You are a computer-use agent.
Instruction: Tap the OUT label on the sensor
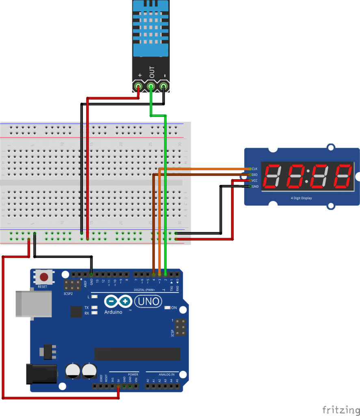pos(152,72)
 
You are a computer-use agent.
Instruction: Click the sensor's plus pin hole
pos(139,87)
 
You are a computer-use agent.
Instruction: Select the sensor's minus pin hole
pos(164,87)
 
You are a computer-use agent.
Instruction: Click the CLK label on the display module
pos(255,169)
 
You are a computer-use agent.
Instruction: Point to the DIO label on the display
pos(255,175)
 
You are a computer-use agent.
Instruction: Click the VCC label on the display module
pos(255,180)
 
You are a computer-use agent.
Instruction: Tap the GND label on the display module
pos(255,186)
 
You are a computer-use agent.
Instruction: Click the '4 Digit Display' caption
pos(301,198)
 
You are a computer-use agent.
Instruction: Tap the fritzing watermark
pos(340,409)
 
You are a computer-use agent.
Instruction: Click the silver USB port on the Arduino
pos(33,303)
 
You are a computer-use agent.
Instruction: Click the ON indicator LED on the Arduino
pos(167,308)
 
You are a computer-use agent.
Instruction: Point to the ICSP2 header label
pos(69,293)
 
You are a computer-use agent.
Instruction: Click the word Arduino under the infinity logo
pos(113,312)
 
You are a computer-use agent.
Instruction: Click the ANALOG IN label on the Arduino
pos(165,374)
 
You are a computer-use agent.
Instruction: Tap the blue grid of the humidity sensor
pos(150,28)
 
